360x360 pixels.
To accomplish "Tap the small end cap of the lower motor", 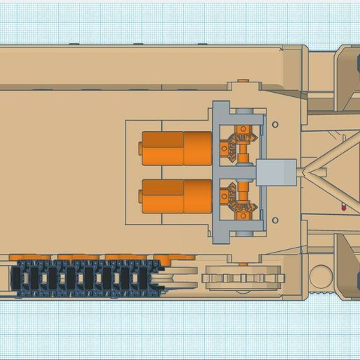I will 140,197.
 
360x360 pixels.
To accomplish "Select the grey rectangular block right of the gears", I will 276,172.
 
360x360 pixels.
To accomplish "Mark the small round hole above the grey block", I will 276,124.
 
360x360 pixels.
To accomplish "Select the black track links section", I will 84,278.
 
